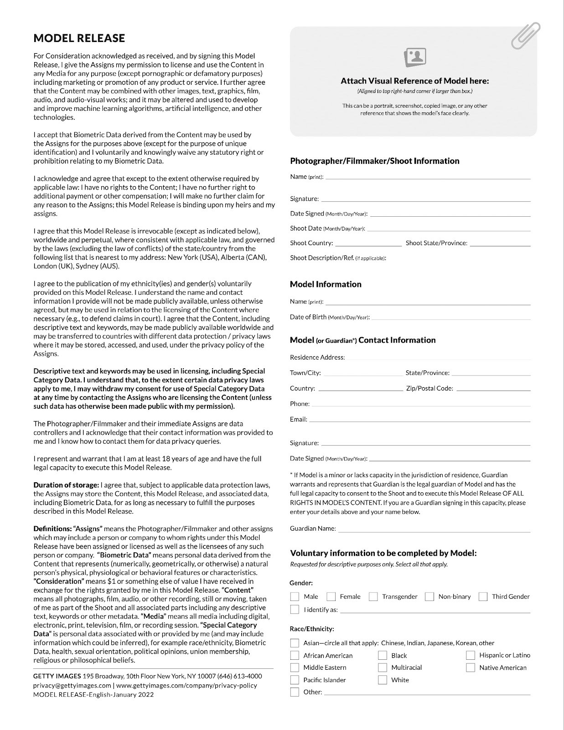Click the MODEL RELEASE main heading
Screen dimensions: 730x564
click(79, 38)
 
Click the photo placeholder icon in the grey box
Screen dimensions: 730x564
click(415, 57)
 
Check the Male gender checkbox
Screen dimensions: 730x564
click(295, 596)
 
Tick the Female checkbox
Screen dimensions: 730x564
click(331, 596)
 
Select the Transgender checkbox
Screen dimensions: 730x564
click(373, 596)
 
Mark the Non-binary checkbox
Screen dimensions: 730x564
click(429, 596)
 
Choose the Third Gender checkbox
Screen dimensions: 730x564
click(483, 596)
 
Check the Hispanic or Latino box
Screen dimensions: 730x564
click(470, 655)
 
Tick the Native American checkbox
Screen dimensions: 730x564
click(470, 667)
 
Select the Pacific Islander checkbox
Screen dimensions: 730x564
click(295, 680)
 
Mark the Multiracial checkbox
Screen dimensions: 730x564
click(382, 667)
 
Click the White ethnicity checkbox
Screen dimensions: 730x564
click(382, 680)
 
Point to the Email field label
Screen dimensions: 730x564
click(298, 419)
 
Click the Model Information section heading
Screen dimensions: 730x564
click(326, 284)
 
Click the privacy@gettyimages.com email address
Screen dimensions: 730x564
click(72, 685)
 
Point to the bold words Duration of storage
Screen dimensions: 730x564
click(66, 485)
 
